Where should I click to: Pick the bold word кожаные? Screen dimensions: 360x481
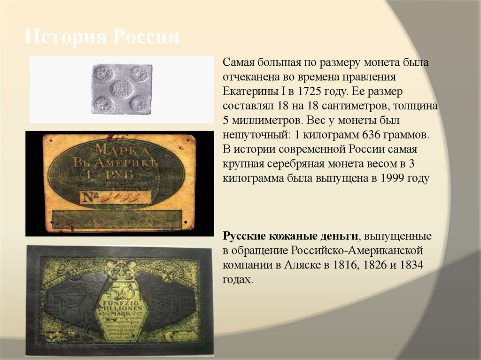pyautogui.click(x=290, y=235)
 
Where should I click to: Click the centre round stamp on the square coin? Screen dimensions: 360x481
pyautogui.click(x=122, y=88)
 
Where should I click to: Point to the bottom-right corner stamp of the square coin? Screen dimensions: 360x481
pyautogui.click(x=140, y=103)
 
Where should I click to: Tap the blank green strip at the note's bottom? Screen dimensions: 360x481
pyautogui.click(x=117, y=219)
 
